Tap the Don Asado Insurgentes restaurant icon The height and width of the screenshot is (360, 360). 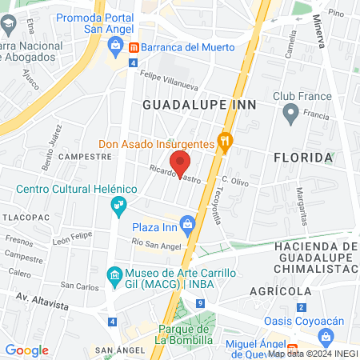(x=226, y=144)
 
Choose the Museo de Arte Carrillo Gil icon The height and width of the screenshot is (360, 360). (x=114, y=273)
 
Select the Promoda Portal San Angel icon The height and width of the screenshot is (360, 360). (x=116, y=46)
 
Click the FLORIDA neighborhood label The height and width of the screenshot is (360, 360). (x=303, y=158)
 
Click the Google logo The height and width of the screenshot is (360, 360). (x=27, y=350)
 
